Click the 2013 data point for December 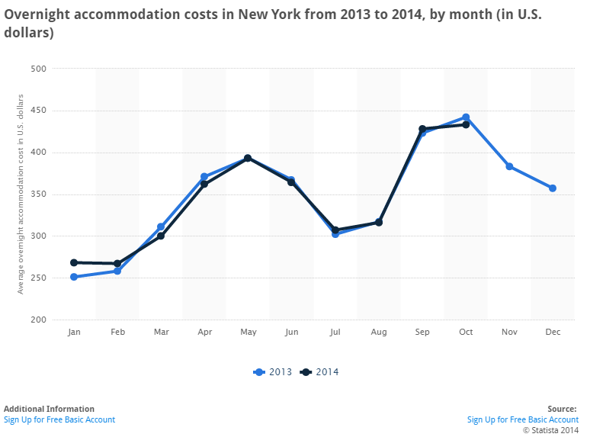[553, 188]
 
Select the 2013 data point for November [509, 166]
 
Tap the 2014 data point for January [74, 262]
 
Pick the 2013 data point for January [74, 277]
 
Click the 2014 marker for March [161, 236]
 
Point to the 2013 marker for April [204, 177]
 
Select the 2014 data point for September [422, 129]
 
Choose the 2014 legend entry [320, 372]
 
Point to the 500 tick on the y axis [38, 69]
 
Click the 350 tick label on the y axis [38, 194]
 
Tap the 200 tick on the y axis [38, 320]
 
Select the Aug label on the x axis [379, 333]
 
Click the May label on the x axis [248, 333]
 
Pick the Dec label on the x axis [553, 333]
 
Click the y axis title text [21, 194]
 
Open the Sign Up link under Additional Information [59, 419]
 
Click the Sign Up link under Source [523, 419]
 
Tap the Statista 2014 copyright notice [550, 429]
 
